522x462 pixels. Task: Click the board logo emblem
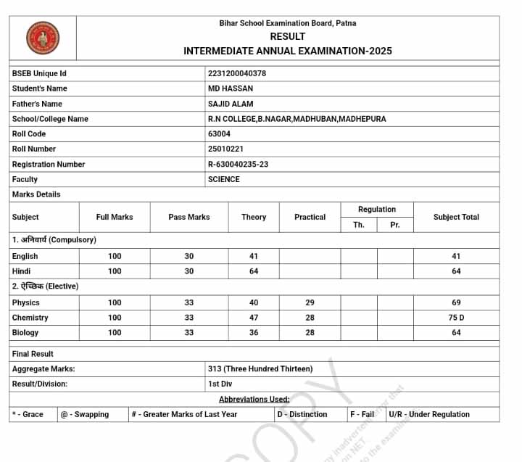pos(43,36)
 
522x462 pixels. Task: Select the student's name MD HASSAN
pos(231,88)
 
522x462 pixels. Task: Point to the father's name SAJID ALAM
pos(231,104)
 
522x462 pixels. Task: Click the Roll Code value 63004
pos(219,133)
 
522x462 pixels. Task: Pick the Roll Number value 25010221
pos(225,149)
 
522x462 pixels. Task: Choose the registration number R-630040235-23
pos(238,164)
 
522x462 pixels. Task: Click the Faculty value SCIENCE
pos(223,179)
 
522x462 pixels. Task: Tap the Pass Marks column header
pos(188,217)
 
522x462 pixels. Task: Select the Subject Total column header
pos(456,217)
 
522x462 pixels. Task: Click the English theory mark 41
pos(254,256)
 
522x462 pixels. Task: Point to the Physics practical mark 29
pos(310,302)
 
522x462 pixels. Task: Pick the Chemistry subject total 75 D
pos(457,318)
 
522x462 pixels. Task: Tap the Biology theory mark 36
pos(254,332)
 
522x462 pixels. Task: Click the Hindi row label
pos(22,271)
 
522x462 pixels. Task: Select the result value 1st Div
pos(220,384)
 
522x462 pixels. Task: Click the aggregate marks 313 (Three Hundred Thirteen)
pos(260,368)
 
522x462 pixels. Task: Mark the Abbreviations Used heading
pos(254,399)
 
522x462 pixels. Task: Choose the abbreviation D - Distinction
pos(302,414)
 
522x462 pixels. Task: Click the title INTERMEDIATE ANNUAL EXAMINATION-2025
pos(288,51)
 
